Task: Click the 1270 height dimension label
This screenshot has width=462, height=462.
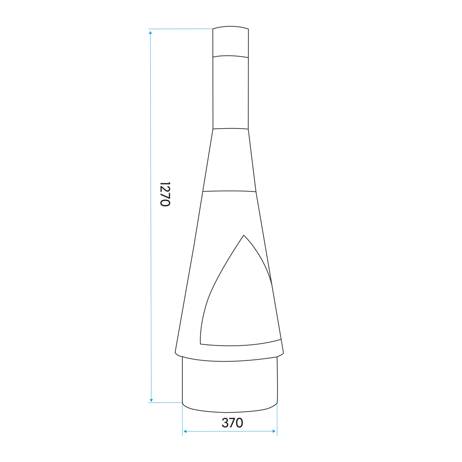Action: [165, 194]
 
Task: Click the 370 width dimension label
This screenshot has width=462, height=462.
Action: [233, 423]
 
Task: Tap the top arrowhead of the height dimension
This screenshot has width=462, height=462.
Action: [150, 33]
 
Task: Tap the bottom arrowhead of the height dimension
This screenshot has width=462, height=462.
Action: [151, 400]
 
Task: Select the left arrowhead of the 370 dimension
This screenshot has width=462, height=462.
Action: [185, 432]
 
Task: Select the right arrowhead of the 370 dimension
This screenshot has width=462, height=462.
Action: [274, 431]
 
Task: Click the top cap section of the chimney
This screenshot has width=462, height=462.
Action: [231, 42]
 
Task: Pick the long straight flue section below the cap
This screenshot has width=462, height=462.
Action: [231, 92]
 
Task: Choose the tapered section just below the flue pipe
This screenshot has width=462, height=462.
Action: [230, 160]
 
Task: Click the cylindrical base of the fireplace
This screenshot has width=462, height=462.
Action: [230, 385]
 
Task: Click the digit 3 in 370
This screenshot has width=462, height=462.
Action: [225, 423]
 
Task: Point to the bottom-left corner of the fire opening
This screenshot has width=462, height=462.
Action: [201, 343]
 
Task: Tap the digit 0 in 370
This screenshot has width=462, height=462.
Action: [239, 423]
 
